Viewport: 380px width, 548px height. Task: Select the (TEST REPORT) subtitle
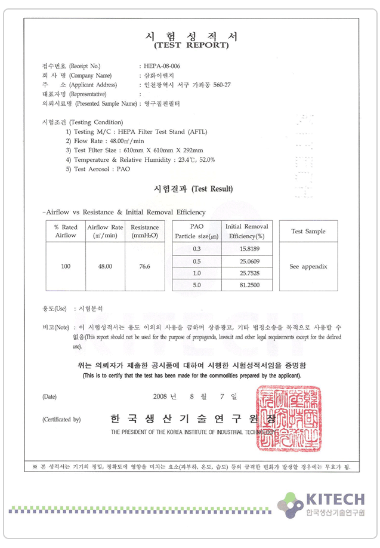coord(191,45)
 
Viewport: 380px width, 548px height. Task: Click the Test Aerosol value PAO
coord(123,169)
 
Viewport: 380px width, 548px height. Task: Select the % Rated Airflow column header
coord(66,231)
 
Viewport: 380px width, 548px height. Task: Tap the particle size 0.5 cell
coord(197,261)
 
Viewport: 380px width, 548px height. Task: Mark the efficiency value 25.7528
coord(246,273)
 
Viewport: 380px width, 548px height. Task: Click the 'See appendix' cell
coord(308,266)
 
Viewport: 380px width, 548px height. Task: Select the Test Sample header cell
coord(308,232)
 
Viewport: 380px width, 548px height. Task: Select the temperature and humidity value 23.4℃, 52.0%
coord(194,160)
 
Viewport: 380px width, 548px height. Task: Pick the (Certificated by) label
coord(61,420)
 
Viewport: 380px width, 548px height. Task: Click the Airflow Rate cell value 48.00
coord(105,266)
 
